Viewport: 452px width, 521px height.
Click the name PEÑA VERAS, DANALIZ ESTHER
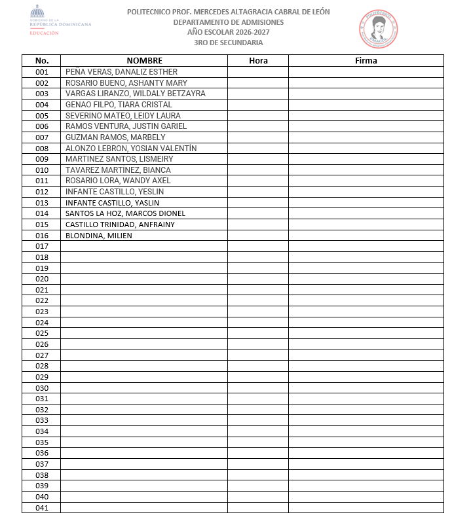tap(121, 72)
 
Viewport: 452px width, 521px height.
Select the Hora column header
tap(258, 61)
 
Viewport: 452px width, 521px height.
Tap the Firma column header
tap(366, 61)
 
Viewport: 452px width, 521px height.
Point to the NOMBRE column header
tap(144, 61)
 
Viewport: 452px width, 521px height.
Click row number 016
tap(42, 236)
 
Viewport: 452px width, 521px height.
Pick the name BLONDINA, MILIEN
tap(99, 236)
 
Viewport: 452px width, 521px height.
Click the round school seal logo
tap(379, 28)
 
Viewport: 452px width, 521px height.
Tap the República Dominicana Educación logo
tap(60, 20)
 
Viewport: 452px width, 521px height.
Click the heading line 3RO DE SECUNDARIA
tap(228, 43)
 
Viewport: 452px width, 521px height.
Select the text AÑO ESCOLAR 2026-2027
tap(228, 33)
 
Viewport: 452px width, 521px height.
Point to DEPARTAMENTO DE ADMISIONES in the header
tap(228, 22)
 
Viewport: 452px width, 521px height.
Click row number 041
tap(42, 507)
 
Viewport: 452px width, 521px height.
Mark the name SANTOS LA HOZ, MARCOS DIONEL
tap(125, 213)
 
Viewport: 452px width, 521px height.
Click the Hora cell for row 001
tap(258, 72)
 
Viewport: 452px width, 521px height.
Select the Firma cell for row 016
tap(366, 236)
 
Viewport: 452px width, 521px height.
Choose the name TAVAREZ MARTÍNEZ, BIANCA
tap(118, 170)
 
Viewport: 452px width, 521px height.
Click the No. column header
tap(42, 61)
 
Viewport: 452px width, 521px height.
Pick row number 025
tap(42, 333)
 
